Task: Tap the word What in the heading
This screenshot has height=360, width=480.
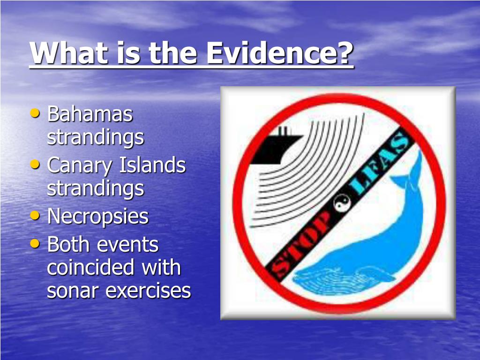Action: pyautogui.click(x=69, y=52)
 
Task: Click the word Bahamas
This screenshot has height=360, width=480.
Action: pyautogui.click(x=90, y=114)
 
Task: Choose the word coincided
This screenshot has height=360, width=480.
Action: pyautogui.click(x=90, y=267)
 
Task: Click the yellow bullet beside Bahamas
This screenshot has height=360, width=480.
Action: pyautogui.click(x=35, y=113)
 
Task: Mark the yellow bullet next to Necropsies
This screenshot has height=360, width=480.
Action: pyautogui.click(x=35, y=216)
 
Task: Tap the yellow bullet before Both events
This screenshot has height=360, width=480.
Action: pyautogui.click(x=35, y=244)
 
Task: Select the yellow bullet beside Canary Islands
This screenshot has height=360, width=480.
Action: pyautogui.click(x=35, y=165)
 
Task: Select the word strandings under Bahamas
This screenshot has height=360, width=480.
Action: pyautogui.click(x=96, y=138)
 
